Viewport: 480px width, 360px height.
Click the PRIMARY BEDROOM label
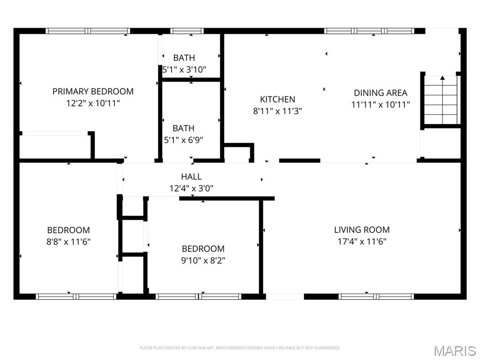pyautogui.click(x=93, y=91)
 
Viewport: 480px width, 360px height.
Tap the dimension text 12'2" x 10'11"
pyautogui.click(x=93, y=103)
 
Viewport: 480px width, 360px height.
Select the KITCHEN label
pyautogui.click(x=277, y=99)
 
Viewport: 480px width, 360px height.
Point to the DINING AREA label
pyautogui.click(x=380, y=93)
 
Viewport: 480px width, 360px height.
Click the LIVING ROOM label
pyautogui.click(x=361, y=230)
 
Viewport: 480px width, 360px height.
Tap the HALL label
pyautogui.click(x=191, y=177)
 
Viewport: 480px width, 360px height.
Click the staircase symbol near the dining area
pyautogui.click(x=442, y=100)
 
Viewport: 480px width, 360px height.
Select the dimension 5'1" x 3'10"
pyautogui.click(x=184, y=69)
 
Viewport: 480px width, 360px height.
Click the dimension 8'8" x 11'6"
pyautogui.click(x=68, y=242)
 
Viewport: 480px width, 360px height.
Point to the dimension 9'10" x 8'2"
pyautogui.click(x=203, y=260)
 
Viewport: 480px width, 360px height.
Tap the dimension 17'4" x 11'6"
pyautogui.click(x=361, y=241)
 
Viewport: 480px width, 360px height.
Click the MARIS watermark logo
pyautogui.click(x=455, y=351)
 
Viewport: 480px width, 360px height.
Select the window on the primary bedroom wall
pyautogui.click(x=88, y=31)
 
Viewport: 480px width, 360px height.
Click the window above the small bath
pyautogui.click(x=187, y=31)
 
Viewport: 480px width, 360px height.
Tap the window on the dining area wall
pyautogui.click(x=369, y=31)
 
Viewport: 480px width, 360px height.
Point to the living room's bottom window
pyautogui.click(x=376, y=296)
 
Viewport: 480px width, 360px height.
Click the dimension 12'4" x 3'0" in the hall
pyautogui.click(x=191, y=188)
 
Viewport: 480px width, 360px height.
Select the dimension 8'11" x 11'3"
pyautogui.click(x=277, y=111)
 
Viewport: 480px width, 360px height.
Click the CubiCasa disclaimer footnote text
pyautogui.click(x=240, y=348)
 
